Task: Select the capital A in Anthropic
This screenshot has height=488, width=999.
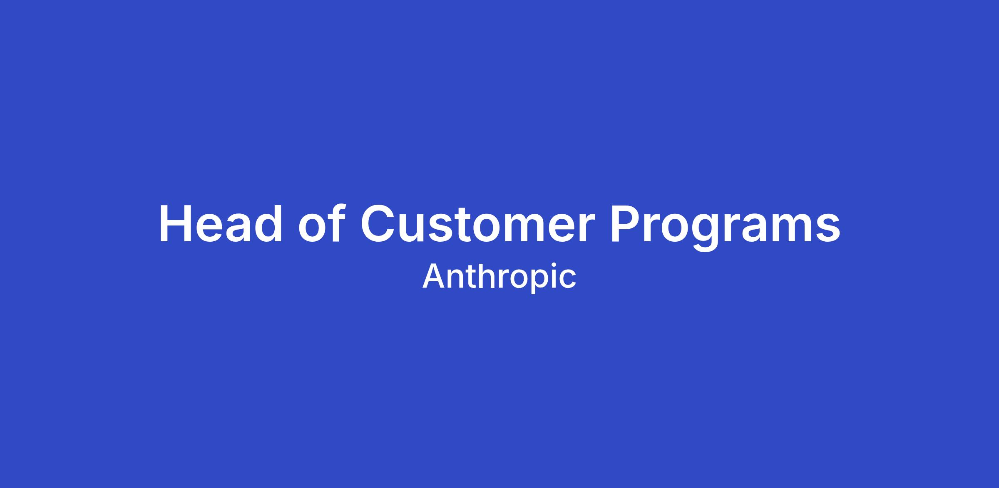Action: coord(434,276)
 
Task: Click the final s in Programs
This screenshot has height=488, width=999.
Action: coord(828,228)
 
